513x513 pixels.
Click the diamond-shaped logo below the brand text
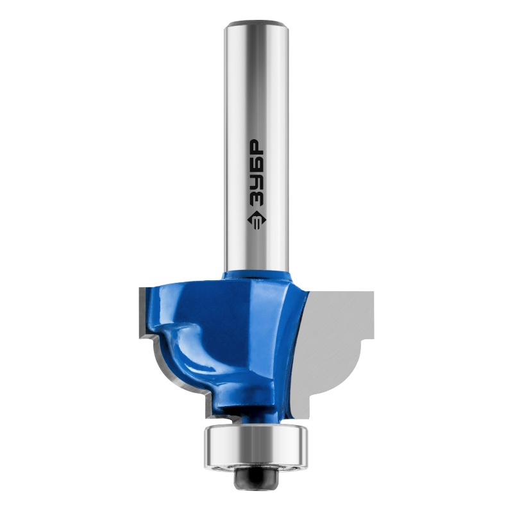pos(256,221)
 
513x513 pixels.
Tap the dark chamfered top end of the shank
pos(256,24)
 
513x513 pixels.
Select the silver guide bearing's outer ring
pos(256,446)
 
